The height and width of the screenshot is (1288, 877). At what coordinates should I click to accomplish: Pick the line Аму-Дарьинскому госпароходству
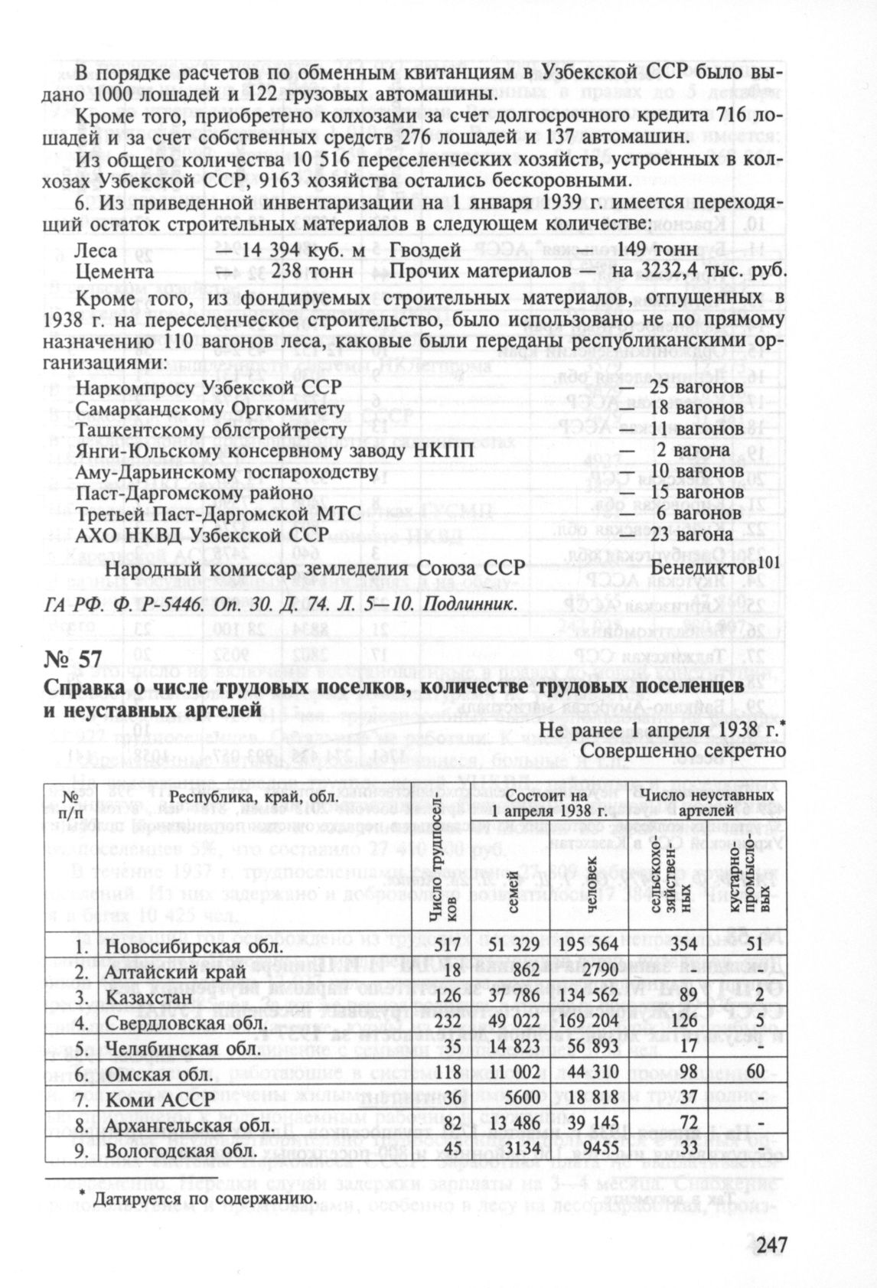[227, 471]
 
